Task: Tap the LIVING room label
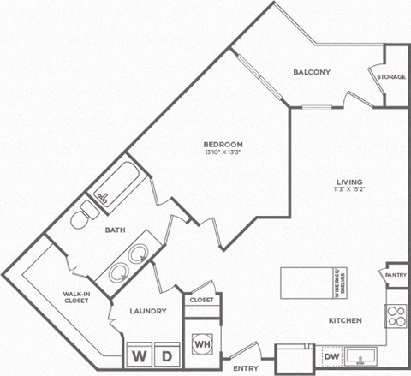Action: coord(349,182)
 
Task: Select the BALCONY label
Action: coord(311,72)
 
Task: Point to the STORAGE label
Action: coord(391,77)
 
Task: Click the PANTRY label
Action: coord(396,275)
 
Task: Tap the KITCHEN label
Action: coord(343,320)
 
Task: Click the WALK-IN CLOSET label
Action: coord(77,297)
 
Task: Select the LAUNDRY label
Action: coord(147,312)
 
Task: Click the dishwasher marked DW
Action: coord(331,356)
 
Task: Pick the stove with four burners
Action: coord(396,316)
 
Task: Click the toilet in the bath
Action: coord(80,220)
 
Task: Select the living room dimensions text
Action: coord(349,191)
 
